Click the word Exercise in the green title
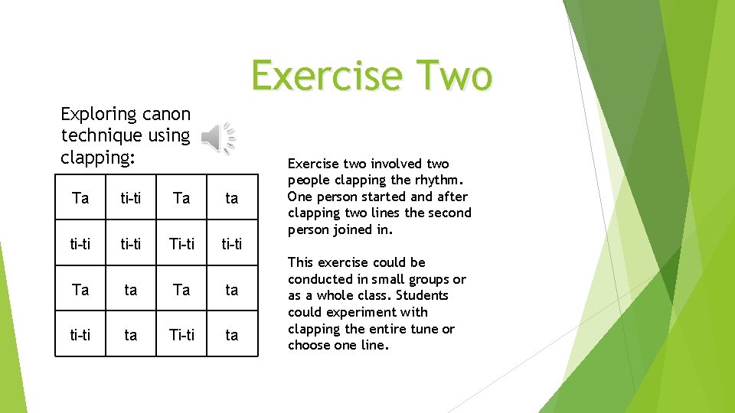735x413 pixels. (x=326, y=76)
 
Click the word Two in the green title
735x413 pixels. (x=451, y=76)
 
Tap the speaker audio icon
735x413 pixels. (x=217, y=138)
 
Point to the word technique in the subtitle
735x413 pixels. (x=103, y=136)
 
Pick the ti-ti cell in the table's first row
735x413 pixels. (x=131, y=199)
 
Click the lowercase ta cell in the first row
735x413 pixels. (x=231, y=199)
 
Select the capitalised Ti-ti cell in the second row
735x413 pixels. (x=181, y=245)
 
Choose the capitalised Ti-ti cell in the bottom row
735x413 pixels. (x=181, y=336)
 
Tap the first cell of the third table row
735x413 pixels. (x=80, y=290)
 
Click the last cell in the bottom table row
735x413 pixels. (x=231, y=336)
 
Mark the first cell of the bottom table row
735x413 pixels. (x=80, y=336)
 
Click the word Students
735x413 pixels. (x=423, y=295)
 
